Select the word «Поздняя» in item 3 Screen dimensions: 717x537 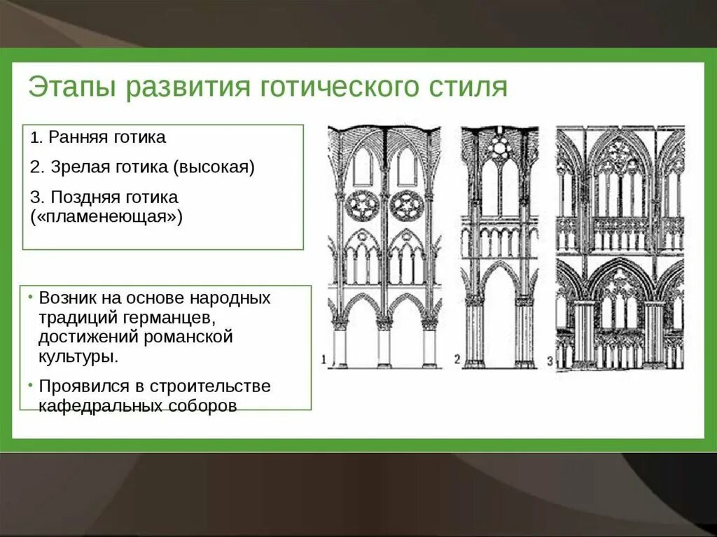pyautogui.click(x=79, y=197)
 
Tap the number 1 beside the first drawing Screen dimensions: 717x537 pyautogui.click(x=324, y=360)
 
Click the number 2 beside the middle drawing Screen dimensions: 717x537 pyautogui.click(x=457, y=360)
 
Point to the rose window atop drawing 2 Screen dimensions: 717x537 pyautogui.click(x=500, y=146)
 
